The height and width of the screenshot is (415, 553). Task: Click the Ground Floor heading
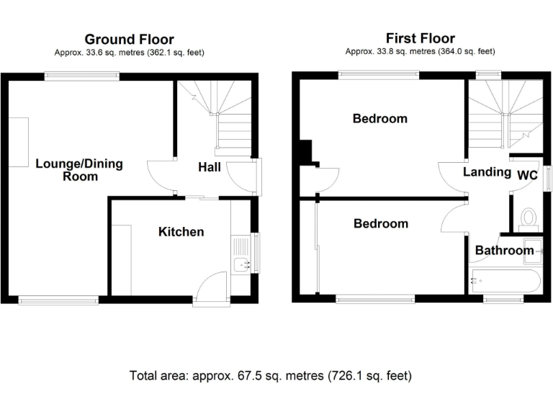[x=129, y=39]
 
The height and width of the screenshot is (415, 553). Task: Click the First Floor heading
[x=420, y=38]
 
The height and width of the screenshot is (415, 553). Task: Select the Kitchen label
[x=181, y=231]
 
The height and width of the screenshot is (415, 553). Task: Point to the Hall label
[x=210, y=167]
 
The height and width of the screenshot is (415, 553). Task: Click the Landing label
[x=487, y=172]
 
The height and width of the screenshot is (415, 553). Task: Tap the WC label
[x=527, y=174]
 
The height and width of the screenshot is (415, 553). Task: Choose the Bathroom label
[x=504, y=251]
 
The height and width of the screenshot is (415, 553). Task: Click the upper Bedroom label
[x=379, y=118]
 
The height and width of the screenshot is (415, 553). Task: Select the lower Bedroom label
[x=380, y=223]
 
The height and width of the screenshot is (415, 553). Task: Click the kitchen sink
[x=240, y=264]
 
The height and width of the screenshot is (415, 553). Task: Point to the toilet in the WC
[x=529, y=217]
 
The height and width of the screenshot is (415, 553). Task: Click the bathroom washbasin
[x=533, y=246]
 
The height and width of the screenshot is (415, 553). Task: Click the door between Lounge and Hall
[x=160, y=173]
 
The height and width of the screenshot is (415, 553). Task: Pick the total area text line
[x=270, y=375]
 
